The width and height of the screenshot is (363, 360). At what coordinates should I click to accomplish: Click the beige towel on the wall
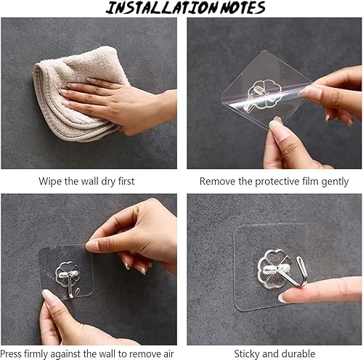78,93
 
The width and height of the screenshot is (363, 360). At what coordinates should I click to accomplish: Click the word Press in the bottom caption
11,354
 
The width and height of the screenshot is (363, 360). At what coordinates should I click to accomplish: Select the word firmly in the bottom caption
36,355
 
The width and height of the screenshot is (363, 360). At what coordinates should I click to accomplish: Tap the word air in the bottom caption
167,354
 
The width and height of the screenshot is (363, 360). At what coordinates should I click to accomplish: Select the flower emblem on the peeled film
264,94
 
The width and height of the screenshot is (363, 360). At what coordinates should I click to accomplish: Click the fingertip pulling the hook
285,297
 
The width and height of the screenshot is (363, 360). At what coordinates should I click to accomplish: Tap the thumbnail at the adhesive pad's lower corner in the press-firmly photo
47,296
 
